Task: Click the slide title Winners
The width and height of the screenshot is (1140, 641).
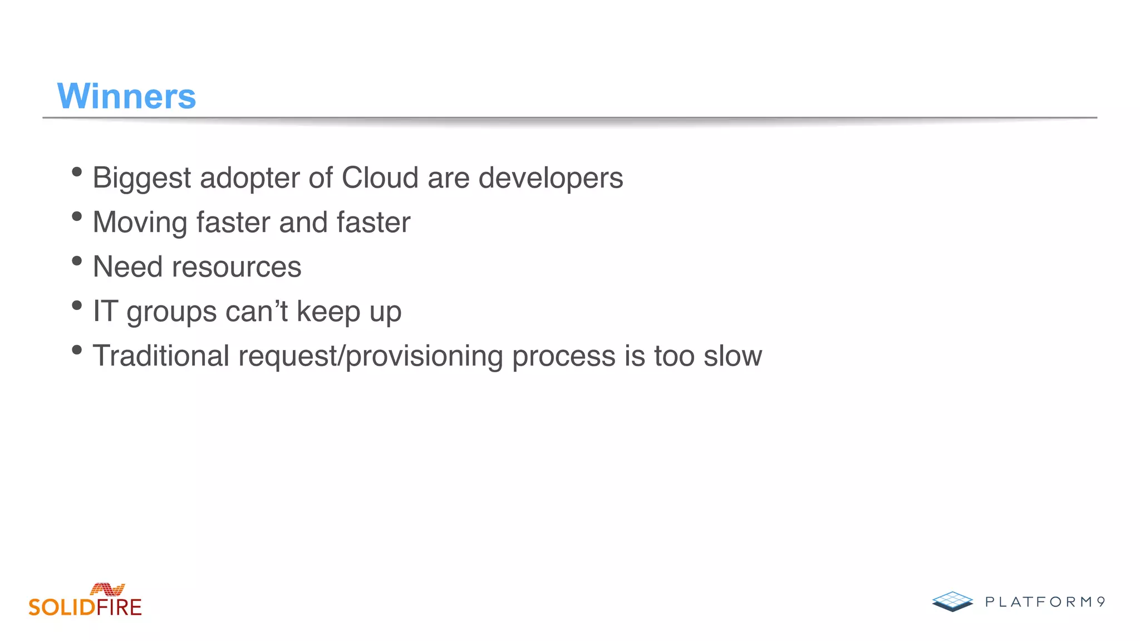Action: click(x=126, y=96)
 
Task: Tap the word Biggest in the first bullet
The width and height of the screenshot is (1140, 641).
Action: click(x=142, y=179)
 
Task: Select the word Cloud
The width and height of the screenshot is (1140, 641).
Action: click(x=380, y=178)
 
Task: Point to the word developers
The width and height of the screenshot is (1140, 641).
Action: click(x=551, y=179)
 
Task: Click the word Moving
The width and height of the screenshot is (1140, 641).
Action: click(x=140, y=223)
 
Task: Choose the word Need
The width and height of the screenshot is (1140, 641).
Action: click(x=128, y=267)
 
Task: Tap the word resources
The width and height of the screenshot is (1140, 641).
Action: click(x=237, y=267)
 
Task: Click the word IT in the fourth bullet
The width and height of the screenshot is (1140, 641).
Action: click(x=105, y=311)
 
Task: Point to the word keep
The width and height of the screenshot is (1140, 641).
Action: click(x=328, y=311)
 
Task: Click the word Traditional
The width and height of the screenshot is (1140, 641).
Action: click(x=161, y=356)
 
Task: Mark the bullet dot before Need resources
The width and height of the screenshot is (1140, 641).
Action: click(x=77, y=261)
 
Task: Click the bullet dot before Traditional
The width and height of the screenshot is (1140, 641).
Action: click(x=77, y=350)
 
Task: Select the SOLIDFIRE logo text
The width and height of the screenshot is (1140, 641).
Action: click(x=85, y=607)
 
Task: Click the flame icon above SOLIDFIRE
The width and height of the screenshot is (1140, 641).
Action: click(x=107, y=589)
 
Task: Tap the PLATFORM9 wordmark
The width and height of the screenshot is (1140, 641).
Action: click(x=1045, y=602)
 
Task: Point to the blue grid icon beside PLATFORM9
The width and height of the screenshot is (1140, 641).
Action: click(x=952, y=601)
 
